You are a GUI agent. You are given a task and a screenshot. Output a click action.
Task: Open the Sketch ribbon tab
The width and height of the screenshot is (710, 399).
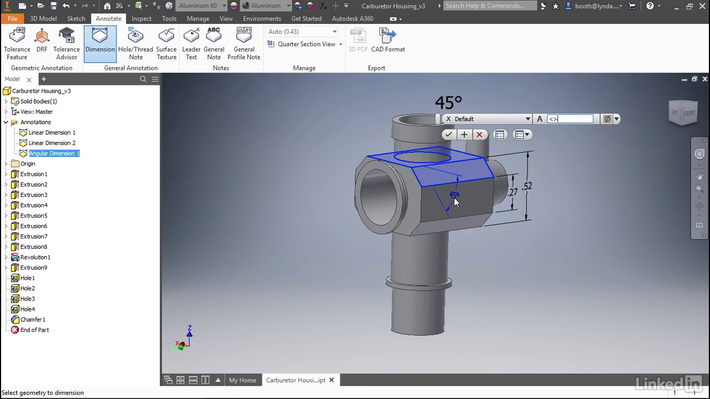coord(76,18)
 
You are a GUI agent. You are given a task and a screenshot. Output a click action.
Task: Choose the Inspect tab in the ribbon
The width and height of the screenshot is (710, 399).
coord(141,18)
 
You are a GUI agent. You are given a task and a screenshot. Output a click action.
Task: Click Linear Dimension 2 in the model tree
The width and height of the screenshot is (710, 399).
coord(52,143)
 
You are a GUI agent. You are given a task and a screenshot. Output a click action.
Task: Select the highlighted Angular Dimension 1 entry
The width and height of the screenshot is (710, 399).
coord(54,154)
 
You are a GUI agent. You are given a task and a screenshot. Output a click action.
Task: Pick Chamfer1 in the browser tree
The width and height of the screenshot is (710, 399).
coord(33,320)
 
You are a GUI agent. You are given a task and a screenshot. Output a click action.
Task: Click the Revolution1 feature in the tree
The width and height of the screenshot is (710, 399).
coord(35,257)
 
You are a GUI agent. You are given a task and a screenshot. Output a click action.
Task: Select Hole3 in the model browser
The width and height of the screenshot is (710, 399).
coord(27,299)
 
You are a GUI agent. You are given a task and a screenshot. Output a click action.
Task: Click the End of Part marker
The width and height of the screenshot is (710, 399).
coord(34,330)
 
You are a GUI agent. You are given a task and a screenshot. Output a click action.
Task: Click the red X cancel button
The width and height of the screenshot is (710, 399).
coord(479,135)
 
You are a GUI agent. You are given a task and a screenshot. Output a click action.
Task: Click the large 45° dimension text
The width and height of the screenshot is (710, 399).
coord(448,103)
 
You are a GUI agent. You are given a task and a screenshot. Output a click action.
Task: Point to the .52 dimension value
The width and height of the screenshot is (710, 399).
coord(526,187)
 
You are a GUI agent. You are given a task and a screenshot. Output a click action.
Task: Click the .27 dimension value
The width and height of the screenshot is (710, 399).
coord(512,192)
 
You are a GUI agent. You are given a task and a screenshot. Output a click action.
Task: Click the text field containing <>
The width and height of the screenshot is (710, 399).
coord(570,119)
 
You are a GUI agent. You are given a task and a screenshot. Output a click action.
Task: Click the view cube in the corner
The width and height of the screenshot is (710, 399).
coord(683,112)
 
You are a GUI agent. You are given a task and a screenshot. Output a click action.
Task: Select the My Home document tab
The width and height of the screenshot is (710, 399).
coord(242,380)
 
